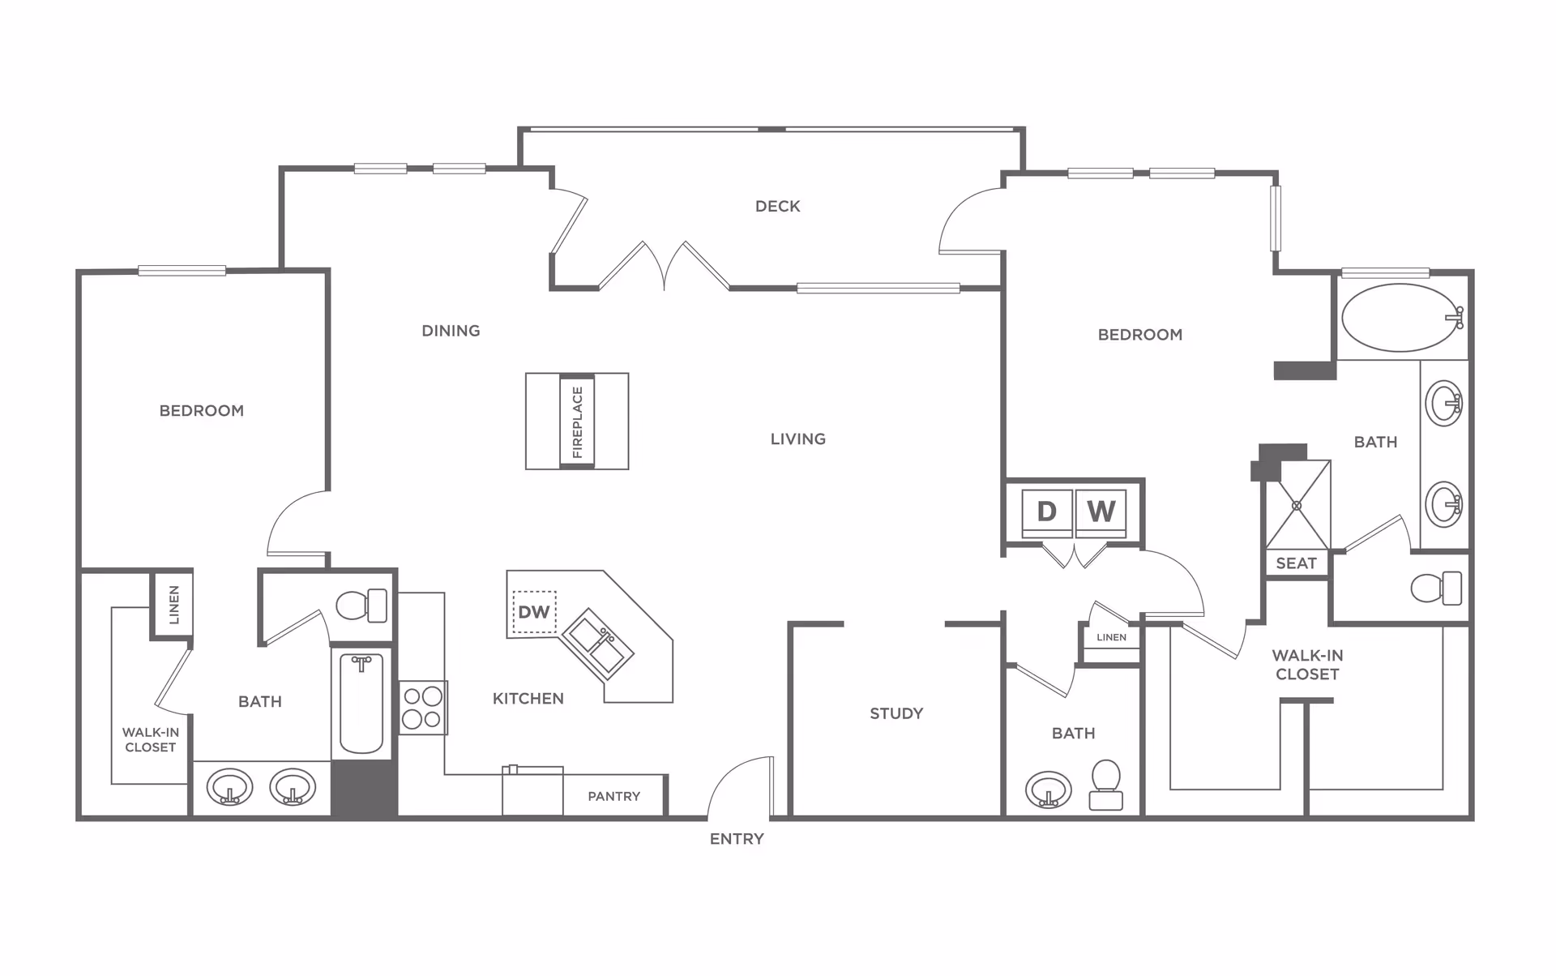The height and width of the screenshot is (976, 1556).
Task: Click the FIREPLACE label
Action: coord(577,422)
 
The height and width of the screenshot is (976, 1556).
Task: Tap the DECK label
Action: coord(777,207)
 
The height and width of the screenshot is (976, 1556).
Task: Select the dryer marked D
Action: coord(1046,512)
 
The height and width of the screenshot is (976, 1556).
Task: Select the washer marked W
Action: coord(1101,512)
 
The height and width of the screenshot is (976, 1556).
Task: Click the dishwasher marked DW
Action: coord(534,612)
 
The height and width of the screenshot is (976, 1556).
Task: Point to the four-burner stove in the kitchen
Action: coord(422,708)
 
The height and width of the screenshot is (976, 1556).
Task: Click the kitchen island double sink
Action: coord(598,644)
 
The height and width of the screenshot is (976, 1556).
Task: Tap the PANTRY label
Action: coord(613,797)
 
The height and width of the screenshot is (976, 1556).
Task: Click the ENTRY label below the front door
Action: coord(737,839)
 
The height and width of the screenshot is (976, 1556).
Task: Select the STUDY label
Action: coord(896,713)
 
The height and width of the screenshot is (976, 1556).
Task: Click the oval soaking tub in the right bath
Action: coord(1400,318)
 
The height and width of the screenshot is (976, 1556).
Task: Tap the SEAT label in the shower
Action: coord(1296,563)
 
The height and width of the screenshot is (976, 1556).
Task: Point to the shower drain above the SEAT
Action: coord(1297,505)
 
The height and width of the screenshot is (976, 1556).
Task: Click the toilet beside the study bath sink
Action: coord(1106,784)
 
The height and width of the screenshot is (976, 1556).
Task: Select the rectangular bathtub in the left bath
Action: coord(361,704)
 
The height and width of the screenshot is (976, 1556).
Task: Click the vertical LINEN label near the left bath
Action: coord(173,605)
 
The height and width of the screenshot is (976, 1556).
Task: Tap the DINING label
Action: coord(451,331)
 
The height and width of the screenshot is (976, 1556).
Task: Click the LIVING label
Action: coord(797,439)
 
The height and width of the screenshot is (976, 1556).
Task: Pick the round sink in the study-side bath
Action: coord(1048,789)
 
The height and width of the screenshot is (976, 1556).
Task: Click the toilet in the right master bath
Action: coord(1436,588)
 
